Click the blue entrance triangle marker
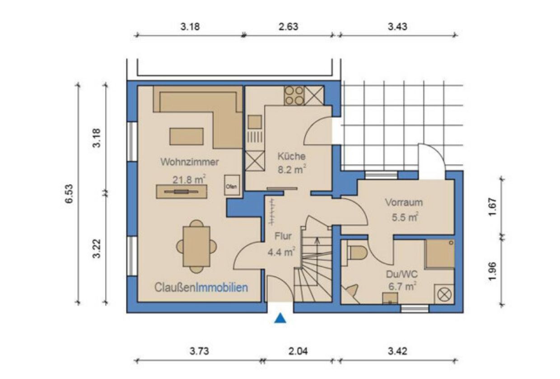(280, 319)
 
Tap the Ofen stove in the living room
(232, 185)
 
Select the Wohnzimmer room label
(190, 162)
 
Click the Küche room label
(291, 156)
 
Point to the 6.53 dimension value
(69, 194)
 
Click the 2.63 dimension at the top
(289, 27)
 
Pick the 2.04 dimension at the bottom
(298, 351)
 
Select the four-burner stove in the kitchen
(294, 96)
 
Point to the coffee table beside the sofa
(187, 136)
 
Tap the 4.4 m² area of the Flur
(281, 252)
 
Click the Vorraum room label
(404, 203)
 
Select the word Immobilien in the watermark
(221, 287)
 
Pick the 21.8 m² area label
(189, 180)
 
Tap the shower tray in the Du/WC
(439, 254)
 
